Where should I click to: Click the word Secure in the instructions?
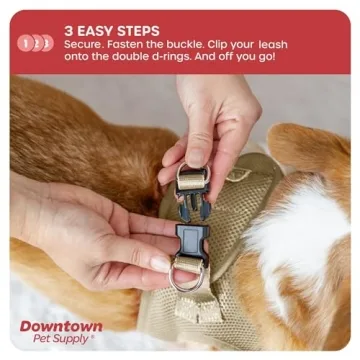click(x=85, y=45)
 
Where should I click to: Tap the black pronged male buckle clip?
click(x=193, y=201)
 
